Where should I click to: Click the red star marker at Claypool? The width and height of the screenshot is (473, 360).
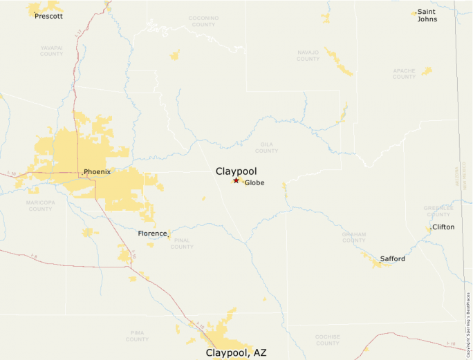(236, 180)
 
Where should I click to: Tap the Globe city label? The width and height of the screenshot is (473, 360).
(254, 183)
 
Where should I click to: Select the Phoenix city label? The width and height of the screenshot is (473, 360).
(97, 171)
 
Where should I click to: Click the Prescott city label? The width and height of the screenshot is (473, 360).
(48, 16)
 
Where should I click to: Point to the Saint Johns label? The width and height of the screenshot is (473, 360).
(427, 16)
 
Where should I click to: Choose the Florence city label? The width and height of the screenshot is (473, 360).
(152, 234)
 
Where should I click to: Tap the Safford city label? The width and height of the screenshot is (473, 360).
(392, 259)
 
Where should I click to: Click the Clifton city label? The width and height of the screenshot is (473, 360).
(443, 227)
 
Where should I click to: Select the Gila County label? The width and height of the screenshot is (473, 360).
(266, 148)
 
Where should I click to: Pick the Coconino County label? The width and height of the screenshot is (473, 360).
(203, 21)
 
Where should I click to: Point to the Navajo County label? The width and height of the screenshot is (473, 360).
(308, 55)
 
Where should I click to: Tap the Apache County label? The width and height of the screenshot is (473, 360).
(405, 73)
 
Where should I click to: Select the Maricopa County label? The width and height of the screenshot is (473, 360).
(40, 206)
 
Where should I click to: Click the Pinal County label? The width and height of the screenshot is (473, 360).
(182, 244)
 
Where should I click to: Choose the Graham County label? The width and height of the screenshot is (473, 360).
(353, 237)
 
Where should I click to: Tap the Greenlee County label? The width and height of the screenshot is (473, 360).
(438, 211)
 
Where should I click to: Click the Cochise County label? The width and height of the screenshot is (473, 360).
(327, 340)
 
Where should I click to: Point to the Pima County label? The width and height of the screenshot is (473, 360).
(137, 336)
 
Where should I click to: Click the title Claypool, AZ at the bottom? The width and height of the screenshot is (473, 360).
(236, 352)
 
